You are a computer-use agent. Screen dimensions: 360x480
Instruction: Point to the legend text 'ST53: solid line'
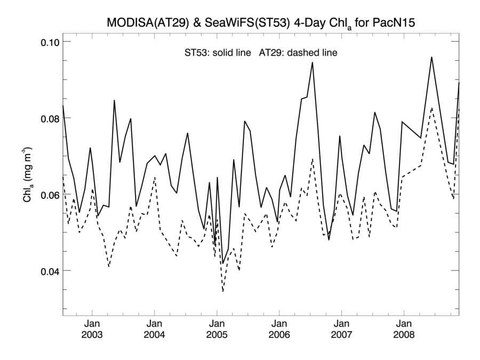coord(214,53)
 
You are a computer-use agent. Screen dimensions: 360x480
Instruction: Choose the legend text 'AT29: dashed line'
coord(298,53)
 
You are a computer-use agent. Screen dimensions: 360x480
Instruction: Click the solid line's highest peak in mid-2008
coord(431,57)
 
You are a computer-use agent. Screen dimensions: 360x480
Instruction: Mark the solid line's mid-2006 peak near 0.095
coord(313,62)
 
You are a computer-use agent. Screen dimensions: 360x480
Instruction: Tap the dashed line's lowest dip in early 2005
coord(223,292)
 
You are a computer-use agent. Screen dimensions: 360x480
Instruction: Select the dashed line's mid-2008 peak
coord(431,108)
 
